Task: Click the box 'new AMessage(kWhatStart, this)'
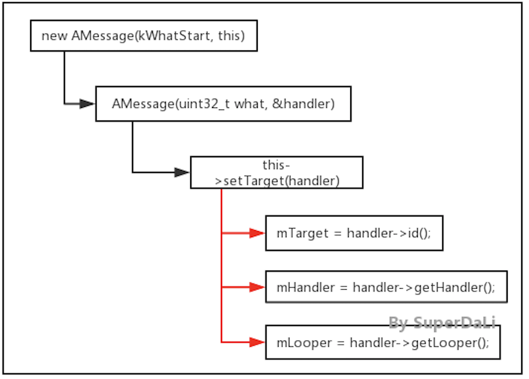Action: (x=143, y=36)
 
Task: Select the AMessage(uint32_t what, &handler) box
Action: (x=223, y=104)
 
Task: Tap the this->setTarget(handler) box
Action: (x=276, y=173)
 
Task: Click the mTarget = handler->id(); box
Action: (x=354, y=233)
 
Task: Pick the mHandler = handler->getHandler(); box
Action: (x=386, y=287)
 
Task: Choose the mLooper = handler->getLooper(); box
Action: (x=382, y=343)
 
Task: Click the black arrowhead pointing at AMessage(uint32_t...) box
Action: (x=87, y=104)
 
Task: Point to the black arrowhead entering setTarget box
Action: (x=182, y=172)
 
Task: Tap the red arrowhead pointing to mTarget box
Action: (x=257, y=233)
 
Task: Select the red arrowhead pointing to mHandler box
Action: (x=257, y=287)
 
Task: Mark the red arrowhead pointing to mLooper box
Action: (x=257, y=342)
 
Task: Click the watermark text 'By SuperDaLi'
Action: (x=442, y=323)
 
